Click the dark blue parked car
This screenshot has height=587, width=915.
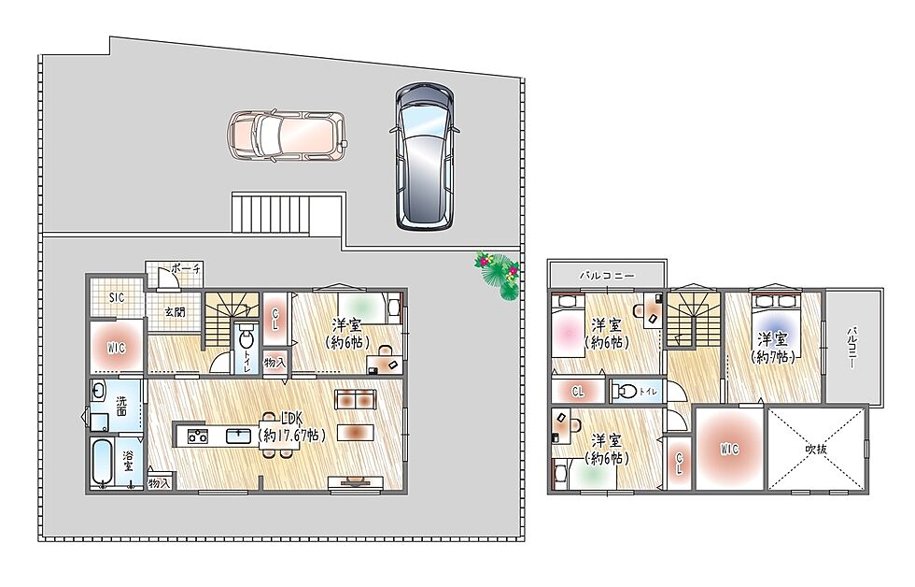point(424,155)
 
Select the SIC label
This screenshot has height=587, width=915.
point(117,297)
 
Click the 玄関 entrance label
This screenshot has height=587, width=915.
point(174,312)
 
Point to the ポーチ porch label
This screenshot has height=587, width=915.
point(187,269)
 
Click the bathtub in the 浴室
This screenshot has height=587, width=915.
point(105,463)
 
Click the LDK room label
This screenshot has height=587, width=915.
point(291,418)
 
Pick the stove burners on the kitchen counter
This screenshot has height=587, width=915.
point(197,436)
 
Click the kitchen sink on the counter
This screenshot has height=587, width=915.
point(239,436)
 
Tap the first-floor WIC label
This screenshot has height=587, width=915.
point(116,348)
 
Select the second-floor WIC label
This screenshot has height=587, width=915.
point(729,449)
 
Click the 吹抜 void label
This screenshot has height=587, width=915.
point(816,449)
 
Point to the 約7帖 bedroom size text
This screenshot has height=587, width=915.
point(773,356)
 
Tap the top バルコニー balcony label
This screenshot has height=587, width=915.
point(607,275)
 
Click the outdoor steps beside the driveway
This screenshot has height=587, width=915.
point(271,214)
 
